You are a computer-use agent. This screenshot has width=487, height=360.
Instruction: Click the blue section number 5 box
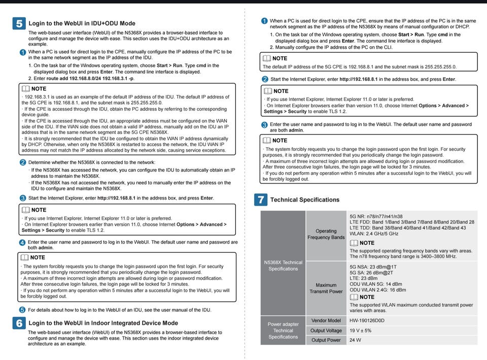(x=19, y=23)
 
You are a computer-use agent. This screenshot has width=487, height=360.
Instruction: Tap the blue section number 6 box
(x=19, y=323)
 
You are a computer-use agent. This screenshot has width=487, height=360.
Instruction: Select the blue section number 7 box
(x=260, y=200)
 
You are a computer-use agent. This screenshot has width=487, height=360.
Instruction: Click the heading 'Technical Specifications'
(x=305, y=200)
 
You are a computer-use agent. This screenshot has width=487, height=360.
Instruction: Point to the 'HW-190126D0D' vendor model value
(x=367, y=321)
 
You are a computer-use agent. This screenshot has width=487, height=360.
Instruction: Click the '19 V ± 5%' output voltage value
(x=361, y=331)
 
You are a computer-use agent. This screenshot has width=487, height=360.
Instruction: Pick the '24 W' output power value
(x=355, y=340)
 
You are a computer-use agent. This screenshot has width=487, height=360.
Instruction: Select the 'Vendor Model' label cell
(x=326, y=321)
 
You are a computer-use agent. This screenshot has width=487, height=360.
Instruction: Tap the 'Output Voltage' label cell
(x=326, y=331)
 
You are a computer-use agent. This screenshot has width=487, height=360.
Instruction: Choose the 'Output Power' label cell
(x=326, y=340)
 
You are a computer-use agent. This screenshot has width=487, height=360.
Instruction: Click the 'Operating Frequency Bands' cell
(x=326, y=234)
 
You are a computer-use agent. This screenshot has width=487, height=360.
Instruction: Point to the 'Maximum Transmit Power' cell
(x=326, y=288)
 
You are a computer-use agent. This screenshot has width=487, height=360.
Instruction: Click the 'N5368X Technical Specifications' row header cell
(x=283, y=266)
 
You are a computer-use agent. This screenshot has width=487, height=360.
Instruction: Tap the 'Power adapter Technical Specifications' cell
(x=283, y=331)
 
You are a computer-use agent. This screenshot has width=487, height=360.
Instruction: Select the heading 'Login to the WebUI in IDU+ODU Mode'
(x=82, y=23)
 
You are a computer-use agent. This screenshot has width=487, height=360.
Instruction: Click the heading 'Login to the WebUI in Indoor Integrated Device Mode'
(x=103, y=323)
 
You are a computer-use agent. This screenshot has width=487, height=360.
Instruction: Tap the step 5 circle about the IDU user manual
(x=22, y=310)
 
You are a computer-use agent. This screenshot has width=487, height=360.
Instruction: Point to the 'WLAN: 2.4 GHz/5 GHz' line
(x=374, y=234)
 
